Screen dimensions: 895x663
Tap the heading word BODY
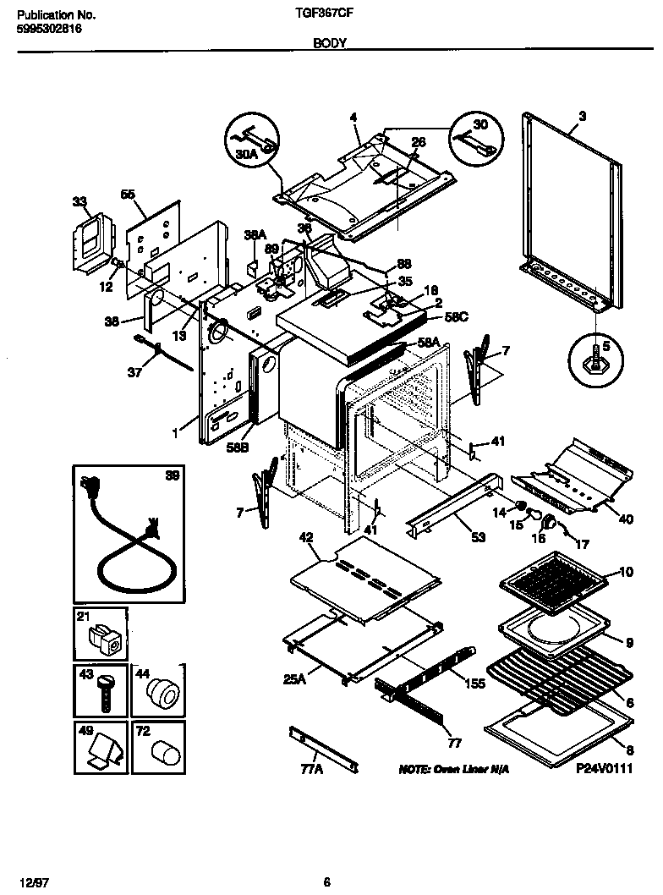click(331, 43)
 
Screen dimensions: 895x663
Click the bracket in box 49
click(102, 750)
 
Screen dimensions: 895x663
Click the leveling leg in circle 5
click(597, 360)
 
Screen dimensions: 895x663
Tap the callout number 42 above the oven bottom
click(306, 536)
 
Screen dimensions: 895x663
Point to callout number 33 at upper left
click(79, 201)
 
